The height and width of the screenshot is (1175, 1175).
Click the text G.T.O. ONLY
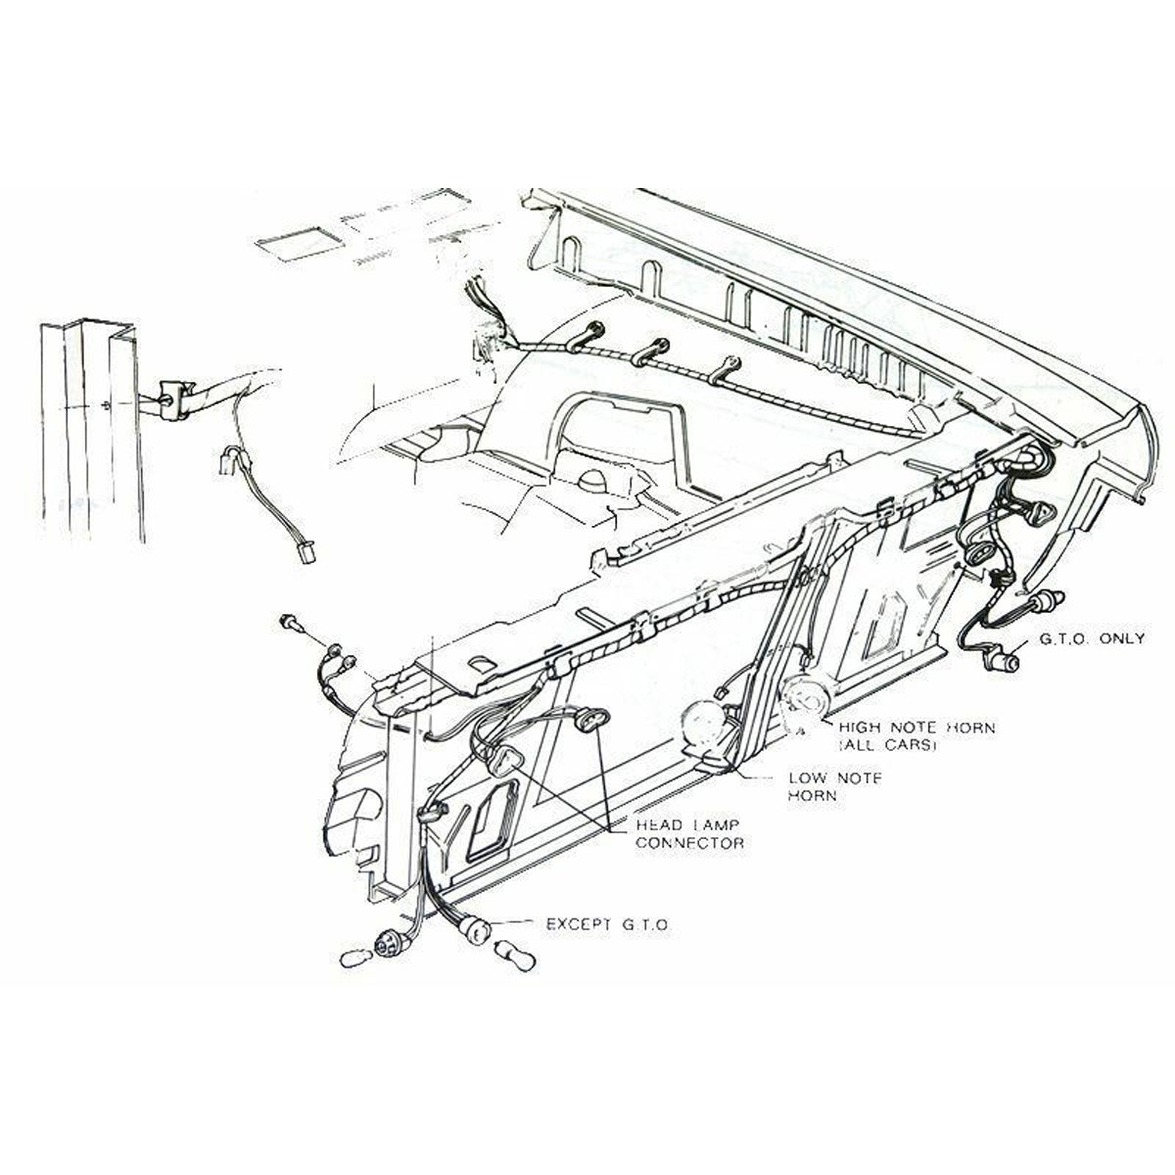(1091, 639)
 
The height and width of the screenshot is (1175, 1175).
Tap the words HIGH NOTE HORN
(916, 728)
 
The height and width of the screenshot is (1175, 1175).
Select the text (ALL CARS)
(887, 745)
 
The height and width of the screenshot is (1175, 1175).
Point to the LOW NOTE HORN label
(835, 786)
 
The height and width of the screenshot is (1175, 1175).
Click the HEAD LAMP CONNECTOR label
(689, 835)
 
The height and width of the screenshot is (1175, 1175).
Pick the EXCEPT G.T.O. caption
(607, 942)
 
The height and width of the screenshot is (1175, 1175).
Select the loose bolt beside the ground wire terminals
(290, 623)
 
